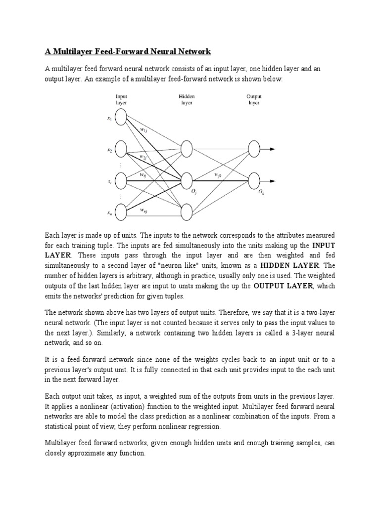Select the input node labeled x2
point(121,149)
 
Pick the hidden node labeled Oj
point(187,179)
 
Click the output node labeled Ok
point(254,179)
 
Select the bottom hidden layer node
point(187,211)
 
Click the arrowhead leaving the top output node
point(273,149)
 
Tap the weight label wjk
point(218,175)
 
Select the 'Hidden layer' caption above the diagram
point(187,100)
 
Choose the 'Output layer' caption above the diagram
point(254,100)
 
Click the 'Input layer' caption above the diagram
point(121,100)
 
